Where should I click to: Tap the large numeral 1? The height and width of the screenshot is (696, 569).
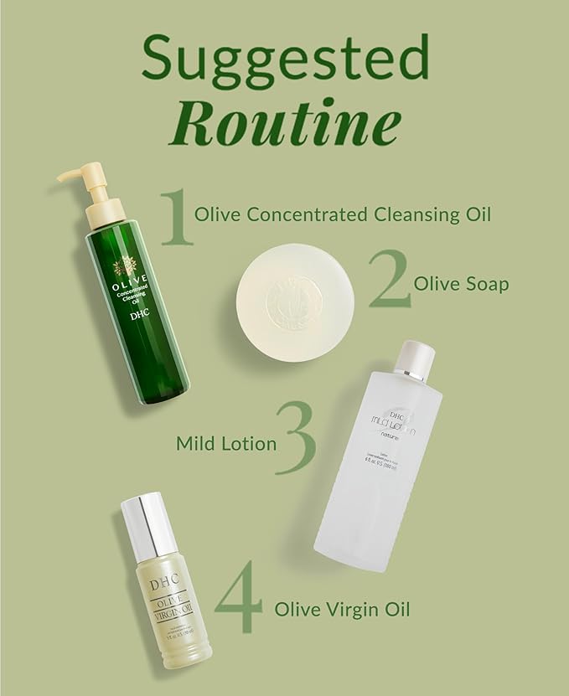175,217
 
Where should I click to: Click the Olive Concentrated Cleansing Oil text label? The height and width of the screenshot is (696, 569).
342,214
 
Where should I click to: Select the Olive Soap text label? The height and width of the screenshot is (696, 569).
461,284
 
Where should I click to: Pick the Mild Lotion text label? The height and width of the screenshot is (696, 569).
225,443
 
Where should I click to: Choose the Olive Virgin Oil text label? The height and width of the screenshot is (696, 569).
342,607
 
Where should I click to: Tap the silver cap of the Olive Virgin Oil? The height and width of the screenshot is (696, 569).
149,523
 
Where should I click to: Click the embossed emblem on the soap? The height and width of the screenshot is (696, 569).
293,292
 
